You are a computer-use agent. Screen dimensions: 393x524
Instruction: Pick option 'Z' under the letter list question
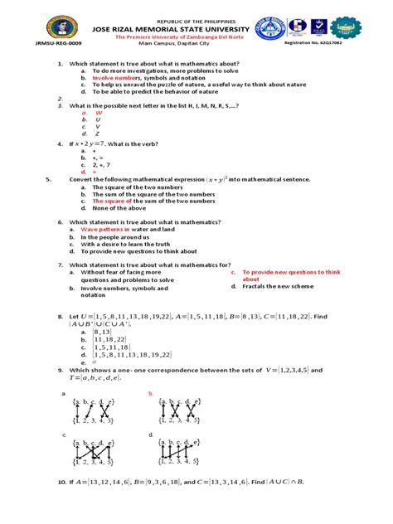pyautogui.click(x=98, y=133)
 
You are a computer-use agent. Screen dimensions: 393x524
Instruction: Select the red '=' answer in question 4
pyautogui.click(x=95, y=171)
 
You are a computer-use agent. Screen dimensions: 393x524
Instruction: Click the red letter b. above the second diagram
pyautogui.click(x=150, y=394)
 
